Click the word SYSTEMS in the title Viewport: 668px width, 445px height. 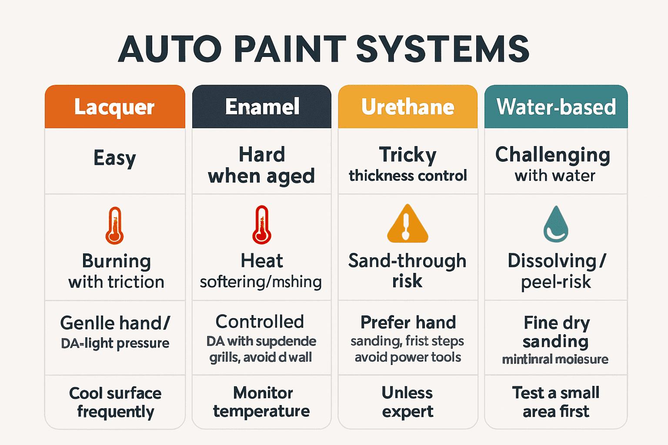pos(443,49)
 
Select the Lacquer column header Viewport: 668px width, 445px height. pos(114,107)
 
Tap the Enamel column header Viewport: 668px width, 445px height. pos(262,107)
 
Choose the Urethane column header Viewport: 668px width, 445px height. pos(407,107)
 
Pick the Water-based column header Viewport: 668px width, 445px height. pos(556,107)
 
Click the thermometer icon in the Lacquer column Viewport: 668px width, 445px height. pos(114,226)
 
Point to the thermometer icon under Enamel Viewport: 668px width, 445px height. pos(261,225)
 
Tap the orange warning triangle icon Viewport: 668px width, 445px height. pos(407,224)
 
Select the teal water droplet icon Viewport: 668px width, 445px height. pos(555,225)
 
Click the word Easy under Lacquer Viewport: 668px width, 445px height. pos(115,158)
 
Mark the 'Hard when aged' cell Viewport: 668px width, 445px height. pos(261,165)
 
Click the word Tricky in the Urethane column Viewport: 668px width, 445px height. pos(407,155)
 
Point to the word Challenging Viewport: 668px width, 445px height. pos(553,155)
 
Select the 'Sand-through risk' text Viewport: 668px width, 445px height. pos(407,271)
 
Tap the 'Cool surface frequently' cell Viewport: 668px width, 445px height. pos(115,402)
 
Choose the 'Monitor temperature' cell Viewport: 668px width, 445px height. pos(262,402)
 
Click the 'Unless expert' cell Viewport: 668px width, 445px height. pos(407,402)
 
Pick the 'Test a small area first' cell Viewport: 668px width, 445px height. pos(556,402)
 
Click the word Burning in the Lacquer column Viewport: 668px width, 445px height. pos(117,261)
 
